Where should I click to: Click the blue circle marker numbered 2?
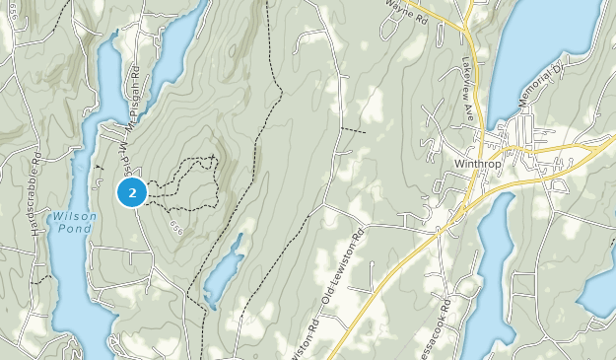(x=132, y=192)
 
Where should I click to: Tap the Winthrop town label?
(x=479, y=163)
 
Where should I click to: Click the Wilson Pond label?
(x=74, y=221)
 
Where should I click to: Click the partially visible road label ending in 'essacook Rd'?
(x=434, y=325)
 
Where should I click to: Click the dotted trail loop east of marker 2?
(x=192, y=182)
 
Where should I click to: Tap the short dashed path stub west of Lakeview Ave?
(x=352, y=130)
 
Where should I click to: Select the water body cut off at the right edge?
(x=601, y=286)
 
